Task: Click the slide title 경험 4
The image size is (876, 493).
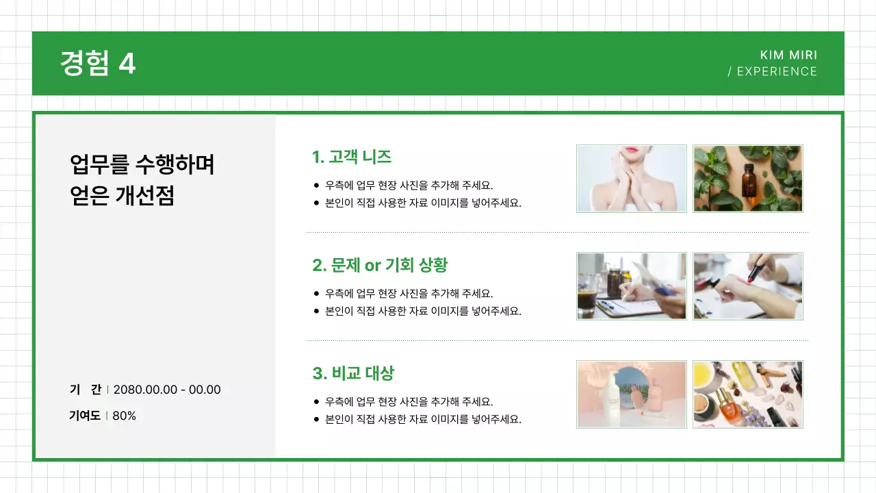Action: [98, 64]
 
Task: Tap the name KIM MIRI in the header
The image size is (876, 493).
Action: [788, 55]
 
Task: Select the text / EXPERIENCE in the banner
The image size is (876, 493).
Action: [773, 71]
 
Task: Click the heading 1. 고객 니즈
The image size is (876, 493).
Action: [352, 157]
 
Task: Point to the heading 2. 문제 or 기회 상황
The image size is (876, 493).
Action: [380, 265]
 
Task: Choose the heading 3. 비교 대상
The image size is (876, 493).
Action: [353, 373]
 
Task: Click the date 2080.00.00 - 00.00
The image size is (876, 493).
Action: [167, 390]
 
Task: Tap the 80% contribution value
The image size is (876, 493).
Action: [124, 416]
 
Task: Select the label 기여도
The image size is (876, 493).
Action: [85, 416]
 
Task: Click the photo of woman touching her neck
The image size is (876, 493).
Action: [631, 179]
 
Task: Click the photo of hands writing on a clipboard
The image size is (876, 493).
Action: [631, 286]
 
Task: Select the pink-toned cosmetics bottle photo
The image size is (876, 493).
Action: [631, 394]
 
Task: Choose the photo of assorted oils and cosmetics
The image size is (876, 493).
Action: [747, 394]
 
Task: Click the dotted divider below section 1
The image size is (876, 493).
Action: [557, 233]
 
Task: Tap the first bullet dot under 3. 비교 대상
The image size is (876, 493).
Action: [316, 402]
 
